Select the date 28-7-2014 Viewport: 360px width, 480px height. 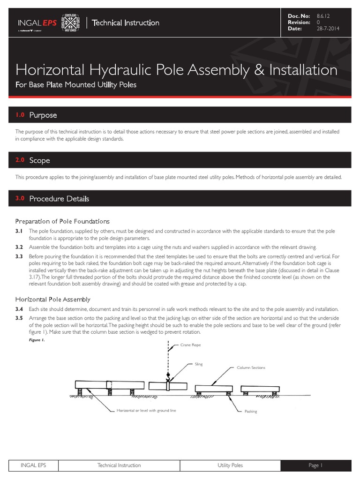329,29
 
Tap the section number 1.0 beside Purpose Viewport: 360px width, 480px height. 20,115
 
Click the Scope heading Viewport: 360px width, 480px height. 39,160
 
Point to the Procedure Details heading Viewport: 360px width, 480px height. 59,199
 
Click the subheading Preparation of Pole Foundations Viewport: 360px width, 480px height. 62,221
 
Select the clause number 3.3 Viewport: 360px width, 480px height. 19,256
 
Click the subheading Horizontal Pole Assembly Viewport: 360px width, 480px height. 53,299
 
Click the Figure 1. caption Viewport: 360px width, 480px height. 37,340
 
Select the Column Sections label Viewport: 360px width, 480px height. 251,367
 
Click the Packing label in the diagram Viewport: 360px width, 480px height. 251,411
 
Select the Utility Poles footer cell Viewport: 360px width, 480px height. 230,465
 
